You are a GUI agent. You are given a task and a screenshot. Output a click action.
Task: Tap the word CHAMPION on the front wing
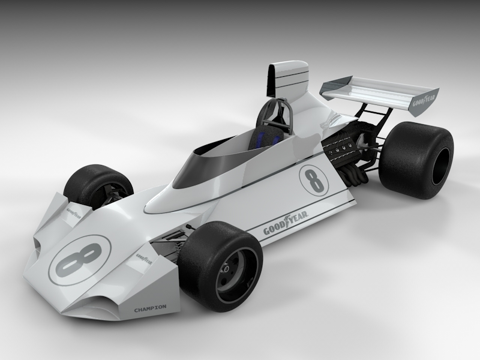coord(149,308)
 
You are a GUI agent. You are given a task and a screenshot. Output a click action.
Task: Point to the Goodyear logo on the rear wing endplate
coord(423,103)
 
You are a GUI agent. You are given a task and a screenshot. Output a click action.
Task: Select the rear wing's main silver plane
coord(372,91)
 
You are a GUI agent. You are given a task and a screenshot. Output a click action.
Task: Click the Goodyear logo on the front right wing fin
coord(145,258)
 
